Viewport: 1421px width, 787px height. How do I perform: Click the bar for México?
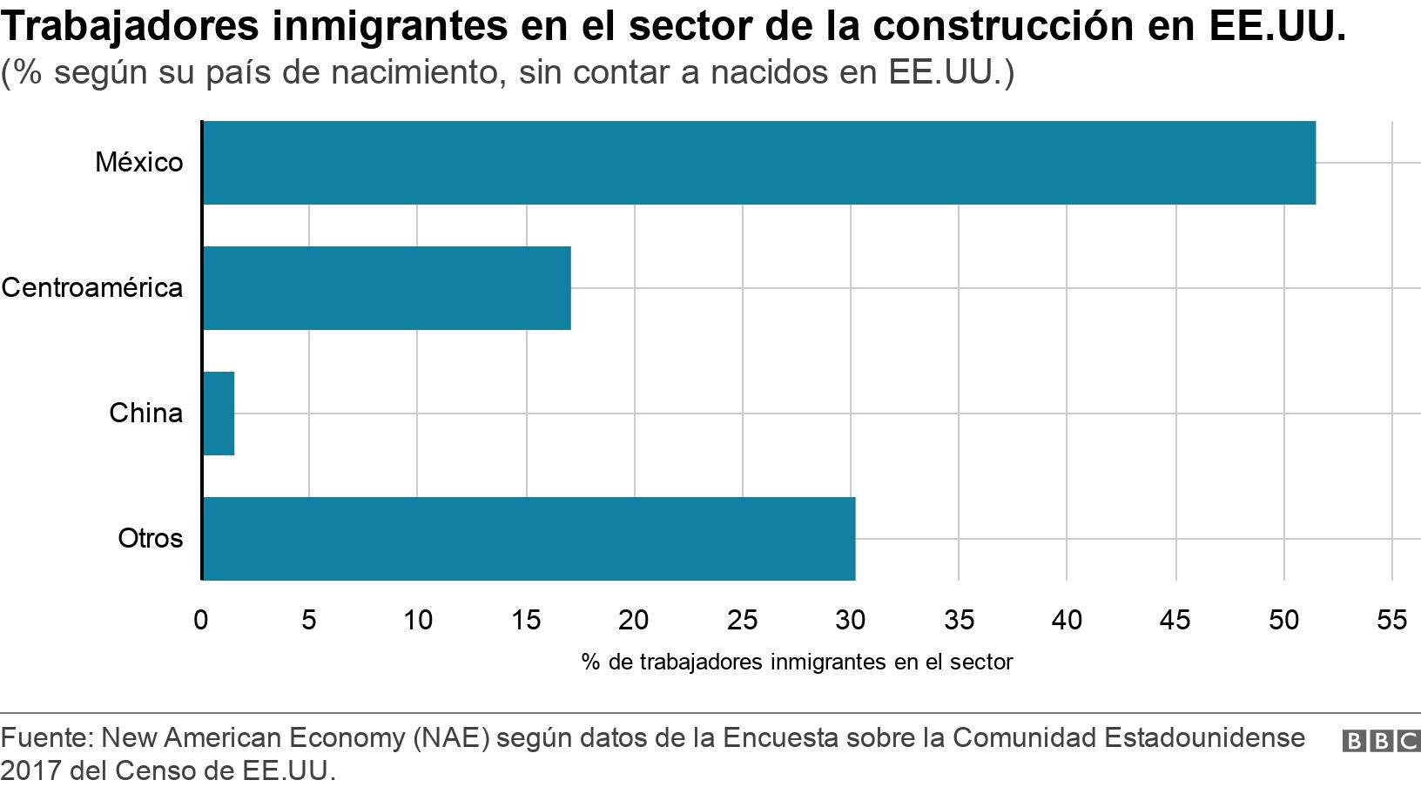point(758,163)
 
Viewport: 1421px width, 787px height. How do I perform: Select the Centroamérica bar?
point(387,288)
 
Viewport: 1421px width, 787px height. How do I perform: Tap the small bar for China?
point(219,414)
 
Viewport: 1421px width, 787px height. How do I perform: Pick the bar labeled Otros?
point(529,539)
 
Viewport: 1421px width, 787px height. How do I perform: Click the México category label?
point(139,163)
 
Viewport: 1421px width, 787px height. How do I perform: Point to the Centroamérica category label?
point(92,288)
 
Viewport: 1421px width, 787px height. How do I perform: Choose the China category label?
point(146,414)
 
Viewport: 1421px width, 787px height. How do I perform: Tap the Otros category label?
point(151,539)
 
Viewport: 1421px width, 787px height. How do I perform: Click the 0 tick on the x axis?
point(201,620)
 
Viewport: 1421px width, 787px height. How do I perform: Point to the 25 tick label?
point(742,620)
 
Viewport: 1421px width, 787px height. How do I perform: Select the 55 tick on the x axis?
point(1391,620)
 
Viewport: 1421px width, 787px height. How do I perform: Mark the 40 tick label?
point(1067,620)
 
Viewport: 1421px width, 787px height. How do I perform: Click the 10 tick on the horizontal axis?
point(418,620)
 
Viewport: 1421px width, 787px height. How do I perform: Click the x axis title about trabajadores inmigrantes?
point(797,663)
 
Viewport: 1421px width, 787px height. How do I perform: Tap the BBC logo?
point(1381,741)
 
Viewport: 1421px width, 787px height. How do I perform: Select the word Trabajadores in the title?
point(131,26)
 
